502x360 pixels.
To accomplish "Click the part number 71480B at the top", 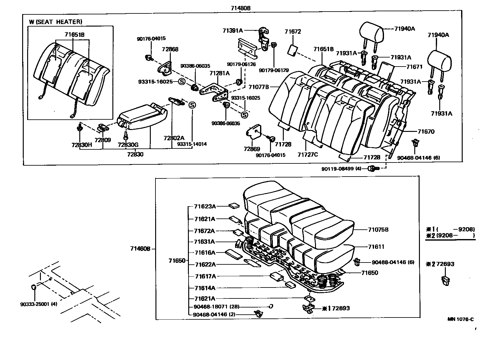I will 241,8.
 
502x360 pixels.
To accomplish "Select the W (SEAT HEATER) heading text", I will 56,22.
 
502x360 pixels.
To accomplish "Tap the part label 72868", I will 170,49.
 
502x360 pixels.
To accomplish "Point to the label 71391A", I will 233,30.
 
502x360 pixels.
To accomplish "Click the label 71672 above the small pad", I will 293,32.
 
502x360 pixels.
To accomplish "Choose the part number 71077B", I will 259,87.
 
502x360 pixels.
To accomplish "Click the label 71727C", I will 308,154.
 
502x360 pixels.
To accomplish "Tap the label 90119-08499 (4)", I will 341,169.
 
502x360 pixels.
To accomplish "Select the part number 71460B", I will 140,248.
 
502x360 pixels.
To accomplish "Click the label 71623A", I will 205,206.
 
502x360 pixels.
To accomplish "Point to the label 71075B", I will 378,230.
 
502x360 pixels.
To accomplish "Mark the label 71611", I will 376,247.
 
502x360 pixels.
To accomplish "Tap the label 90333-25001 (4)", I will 38,304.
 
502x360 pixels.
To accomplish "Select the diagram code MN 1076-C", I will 460,319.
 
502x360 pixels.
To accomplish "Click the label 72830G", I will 128,145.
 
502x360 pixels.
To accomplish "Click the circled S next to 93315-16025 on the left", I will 182,82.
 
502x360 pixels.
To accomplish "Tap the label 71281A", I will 219,73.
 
